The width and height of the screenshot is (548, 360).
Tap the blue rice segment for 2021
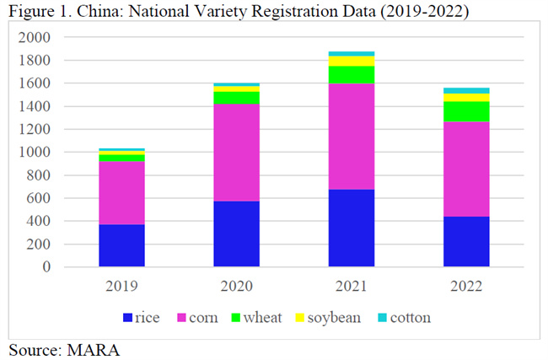point(352,228)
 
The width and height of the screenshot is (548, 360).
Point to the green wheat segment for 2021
point(352,75)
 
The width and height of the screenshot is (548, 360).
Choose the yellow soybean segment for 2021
point(352,61)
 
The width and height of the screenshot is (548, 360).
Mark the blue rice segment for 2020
point(236,234)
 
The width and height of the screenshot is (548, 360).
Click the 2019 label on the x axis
point(121,287)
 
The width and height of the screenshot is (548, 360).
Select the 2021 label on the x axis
point(352,287)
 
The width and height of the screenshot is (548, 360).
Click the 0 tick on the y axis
point(45,267)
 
